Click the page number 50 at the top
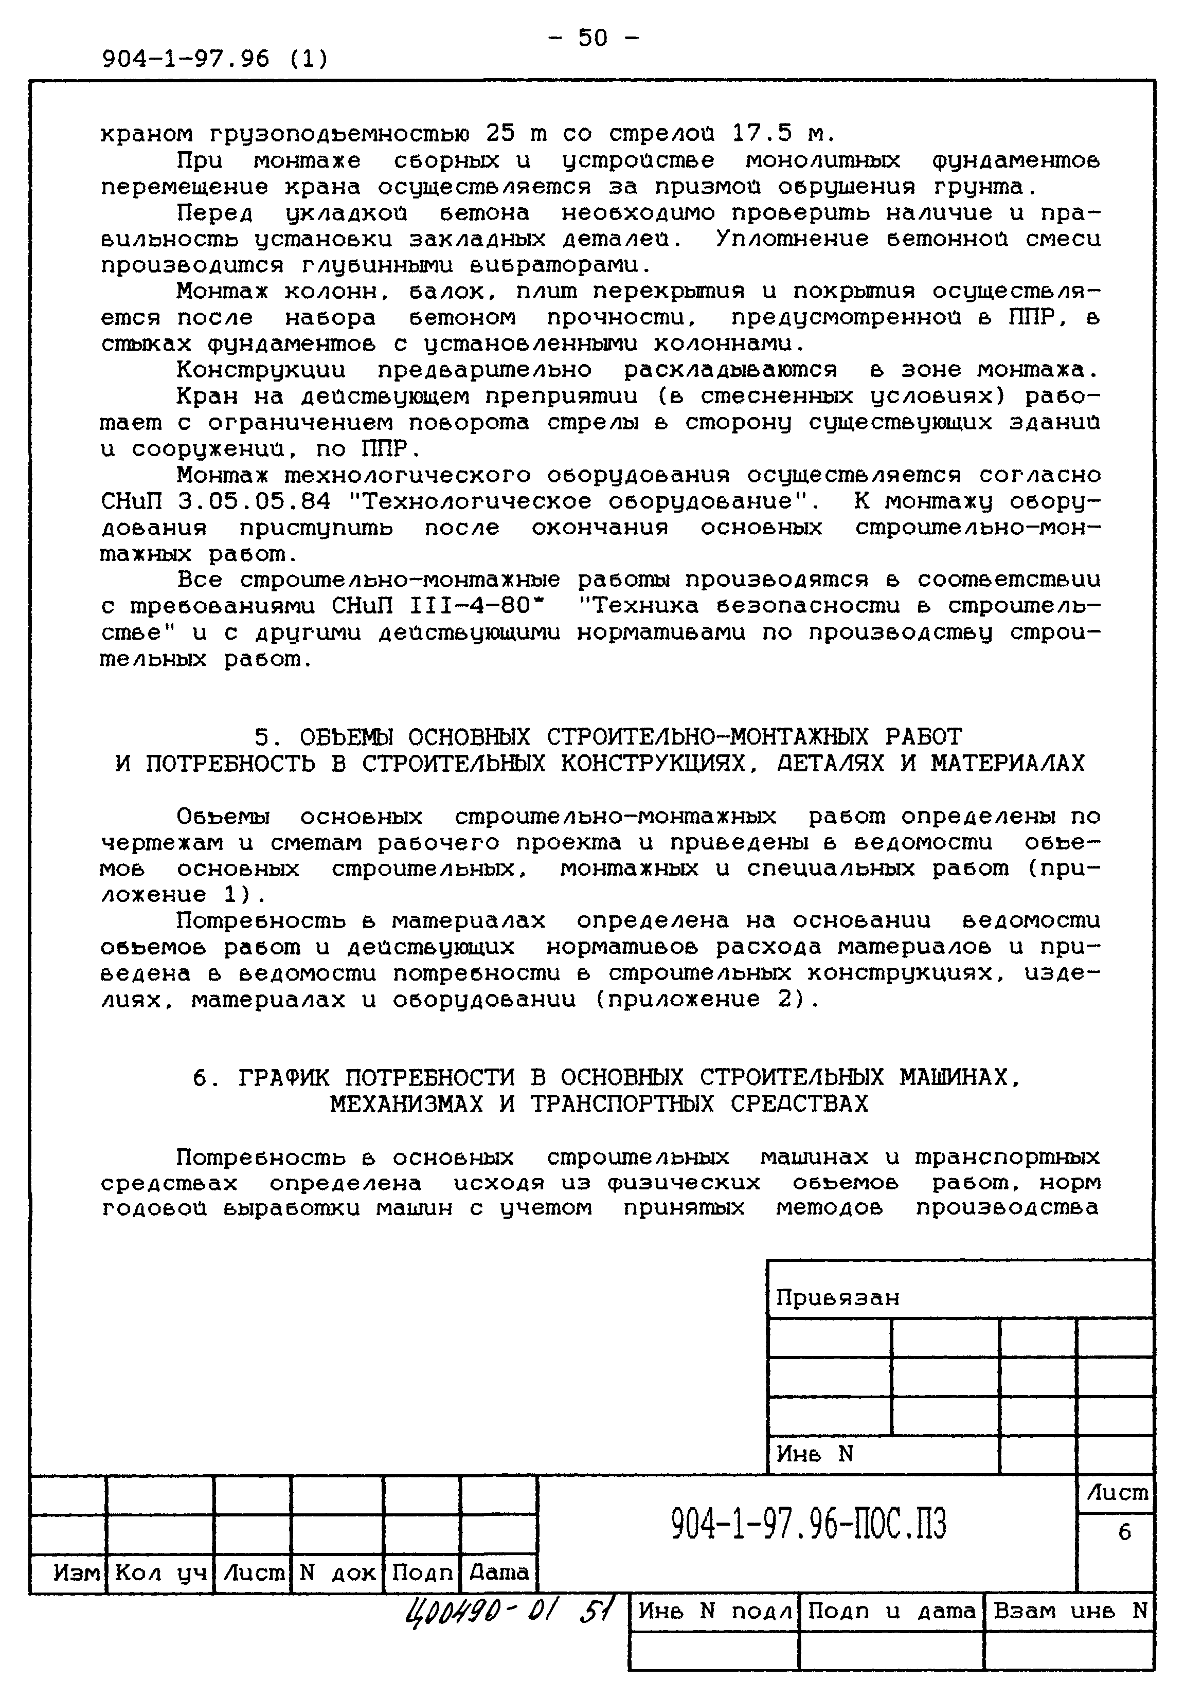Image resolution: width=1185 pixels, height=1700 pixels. pyautogui.click(x=592, y=37)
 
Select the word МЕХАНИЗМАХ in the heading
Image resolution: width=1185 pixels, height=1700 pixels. pyautogui.click(x=405, y=1105)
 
